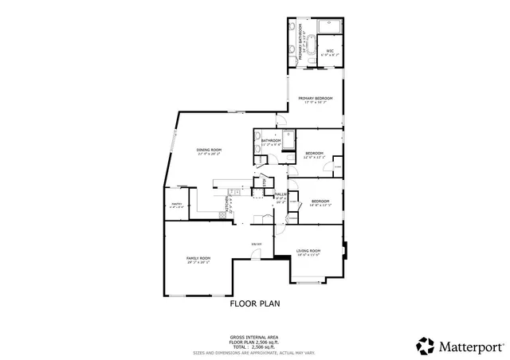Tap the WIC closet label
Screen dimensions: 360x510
pyautogui.click(x=330, y=53)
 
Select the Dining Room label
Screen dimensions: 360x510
pyautogui.click(x=209, y=151)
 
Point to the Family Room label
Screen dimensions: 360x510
pyautogui.click(x=198, y=259)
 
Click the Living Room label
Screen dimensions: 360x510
pyautogui.click(x=308, y=251)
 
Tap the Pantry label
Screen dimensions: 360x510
pyautogui.click(x=176, y=205)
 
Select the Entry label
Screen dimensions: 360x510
pyautogui.click(x=256, y=244)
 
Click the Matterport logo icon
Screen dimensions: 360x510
pyautogui.click(x=425, y=346)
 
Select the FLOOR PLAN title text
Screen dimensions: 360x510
pyautogui.click(x=255, y=303)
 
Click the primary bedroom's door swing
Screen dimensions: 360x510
pyautogui.click(x=281, y=120)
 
